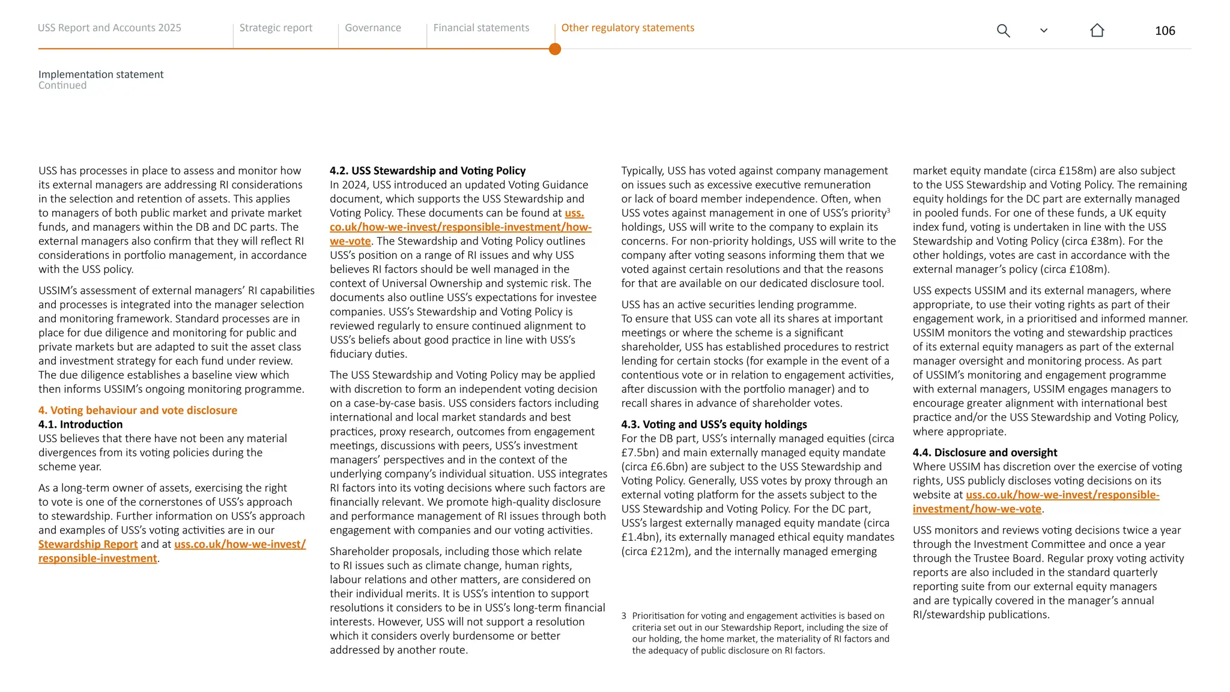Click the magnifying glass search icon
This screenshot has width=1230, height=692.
(1003, 31)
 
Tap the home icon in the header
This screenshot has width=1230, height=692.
(1097, 31)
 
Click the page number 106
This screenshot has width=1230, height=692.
(1165, 31)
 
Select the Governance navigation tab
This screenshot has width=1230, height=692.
(373, 28)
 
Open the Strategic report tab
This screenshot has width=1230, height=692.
(276, 28)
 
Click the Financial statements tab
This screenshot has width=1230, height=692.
(481, 28)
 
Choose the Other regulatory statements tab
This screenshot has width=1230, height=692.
(627, 28)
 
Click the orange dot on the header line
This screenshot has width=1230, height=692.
(555, 49)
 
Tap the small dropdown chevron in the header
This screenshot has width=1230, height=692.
(1044, 31)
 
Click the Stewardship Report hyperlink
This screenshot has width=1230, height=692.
(88, 544)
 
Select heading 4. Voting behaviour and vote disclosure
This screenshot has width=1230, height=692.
(138, 410)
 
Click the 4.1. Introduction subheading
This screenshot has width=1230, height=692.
(80, 425)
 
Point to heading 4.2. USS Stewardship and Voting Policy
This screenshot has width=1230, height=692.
(427, 171)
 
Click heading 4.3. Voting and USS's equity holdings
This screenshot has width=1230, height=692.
(713, 425)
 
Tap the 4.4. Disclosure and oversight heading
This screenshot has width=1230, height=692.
(984, 453)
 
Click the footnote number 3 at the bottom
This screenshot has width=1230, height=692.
(624, 616)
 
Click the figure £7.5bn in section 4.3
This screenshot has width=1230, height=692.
(639, 453)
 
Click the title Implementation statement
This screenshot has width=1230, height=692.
(101, 74)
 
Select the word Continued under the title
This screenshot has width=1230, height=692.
(62, 86)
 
